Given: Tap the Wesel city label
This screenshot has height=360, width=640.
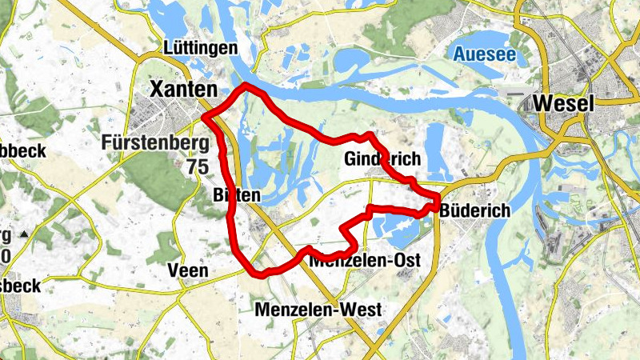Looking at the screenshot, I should point(563,104).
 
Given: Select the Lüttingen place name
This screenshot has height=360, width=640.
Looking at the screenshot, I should point(200,48).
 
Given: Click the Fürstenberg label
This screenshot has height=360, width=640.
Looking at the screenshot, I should point(156,144).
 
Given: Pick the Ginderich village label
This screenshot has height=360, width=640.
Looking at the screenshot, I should point(382,159).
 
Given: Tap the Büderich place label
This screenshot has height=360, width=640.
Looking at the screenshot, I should point(475,210).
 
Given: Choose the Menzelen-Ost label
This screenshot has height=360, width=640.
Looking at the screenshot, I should point(360,260).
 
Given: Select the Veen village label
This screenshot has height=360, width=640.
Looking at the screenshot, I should point(188,270).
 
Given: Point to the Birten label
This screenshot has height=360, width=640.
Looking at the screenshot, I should point(237,195).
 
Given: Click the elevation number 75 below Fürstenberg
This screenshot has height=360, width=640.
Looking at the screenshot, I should point(195,166).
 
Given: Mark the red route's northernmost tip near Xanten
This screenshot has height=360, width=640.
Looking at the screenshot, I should point(247,85).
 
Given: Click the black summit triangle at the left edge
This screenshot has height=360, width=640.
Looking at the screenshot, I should point(25,234).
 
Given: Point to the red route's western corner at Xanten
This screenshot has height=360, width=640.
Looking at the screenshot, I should point(205,118).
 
